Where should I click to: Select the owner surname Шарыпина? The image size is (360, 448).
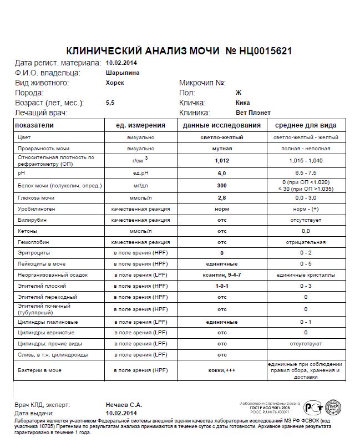[x=122, y=73]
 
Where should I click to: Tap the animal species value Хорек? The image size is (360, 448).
[x=115, y=83]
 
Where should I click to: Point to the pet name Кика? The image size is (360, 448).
[x=242, y=103]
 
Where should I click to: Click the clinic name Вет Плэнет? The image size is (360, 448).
[x=253, y=113]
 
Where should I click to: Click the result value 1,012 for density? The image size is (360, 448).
[x=221, y=160]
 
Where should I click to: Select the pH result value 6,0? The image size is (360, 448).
[x=221, y=173]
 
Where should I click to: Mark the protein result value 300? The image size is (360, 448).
[x=221, y=185]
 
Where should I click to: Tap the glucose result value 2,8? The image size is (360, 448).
[x=221, y=197]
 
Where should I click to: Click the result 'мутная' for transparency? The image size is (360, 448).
[x=221, y=149]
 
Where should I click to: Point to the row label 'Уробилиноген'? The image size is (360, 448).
[x=36, y=210]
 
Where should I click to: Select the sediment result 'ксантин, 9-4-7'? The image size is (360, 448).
[x=221, y=274]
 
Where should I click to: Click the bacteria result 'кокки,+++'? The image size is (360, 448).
[x=221, y=370]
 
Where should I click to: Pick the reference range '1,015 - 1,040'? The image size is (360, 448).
[x=306, y=160]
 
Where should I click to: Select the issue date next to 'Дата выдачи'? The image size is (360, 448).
[x=120, y=414]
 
